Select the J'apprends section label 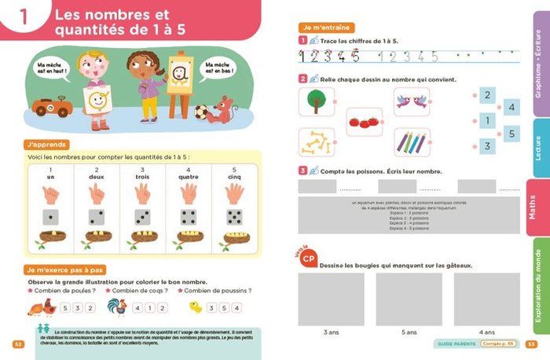click(x=47, y=145)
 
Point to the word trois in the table click(x=142, y=178)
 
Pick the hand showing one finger click(x=51, y=194)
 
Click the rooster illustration click(x=118, y=306)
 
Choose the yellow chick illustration click(x=196, y=307)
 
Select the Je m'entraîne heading click(x=321, y=28)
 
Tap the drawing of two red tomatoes click(x=364, y=122)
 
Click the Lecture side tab click(x=537, y=147)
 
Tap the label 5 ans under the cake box click(x=408, y=332)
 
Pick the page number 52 click(x=17, y=343)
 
